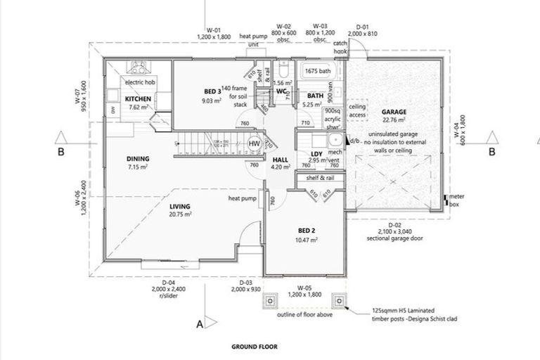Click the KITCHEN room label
(x=138, y=99)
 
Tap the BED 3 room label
(x=213, y=91)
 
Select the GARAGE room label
(x=394, y=112)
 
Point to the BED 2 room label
(x=307, y=231)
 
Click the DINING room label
(x=139, y=159)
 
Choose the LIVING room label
(x=181, y=206)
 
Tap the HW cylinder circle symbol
(x=255, y=143)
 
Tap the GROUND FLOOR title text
(x=254, y=347)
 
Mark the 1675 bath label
(x=316, y=72)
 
